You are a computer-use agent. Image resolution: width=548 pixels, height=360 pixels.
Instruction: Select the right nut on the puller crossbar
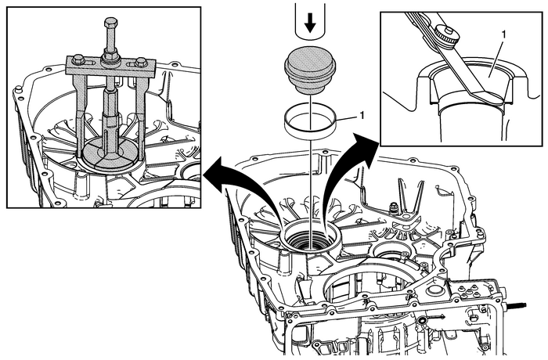(x=140, y=63)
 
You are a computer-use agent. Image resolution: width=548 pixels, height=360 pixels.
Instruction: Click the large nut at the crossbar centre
(x=110, y=58)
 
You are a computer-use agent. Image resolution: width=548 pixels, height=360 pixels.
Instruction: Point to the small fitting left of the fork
(x=388, y=208)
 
